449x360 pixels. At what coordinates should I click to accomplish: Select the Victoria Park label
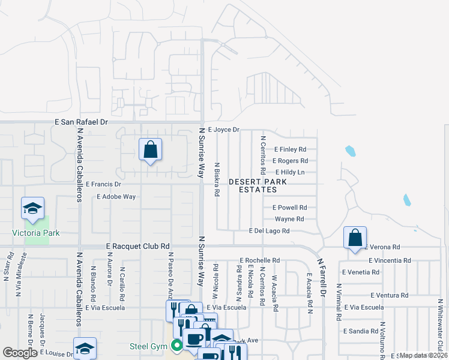click(x=36, y=233)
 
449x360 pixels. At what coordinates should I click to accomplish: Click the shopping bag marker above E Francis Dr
click(x=150, y=149)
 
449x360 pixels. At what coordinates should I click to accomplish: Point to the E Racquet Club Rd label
click(x=138, y=246)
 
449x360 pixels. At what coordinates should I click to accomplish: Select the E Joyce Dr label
click(x=223, y=130)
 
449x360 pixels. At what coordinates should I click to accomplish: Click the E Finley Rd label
click(x=291, y=149)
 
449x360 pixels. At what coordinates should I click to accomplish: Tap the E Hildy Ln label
click(x=291, y=172)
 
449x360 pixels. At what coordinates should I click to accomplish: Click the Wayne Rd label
click(x=289, y=219)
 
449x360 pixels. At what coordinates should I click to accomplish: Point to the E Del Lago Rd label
click(x=270, y=231)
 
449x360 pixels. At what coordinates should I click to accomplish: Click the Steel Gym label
click(x=147, y=346)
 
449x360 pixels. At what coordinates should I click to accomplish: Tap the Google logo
click(x=20, y=353)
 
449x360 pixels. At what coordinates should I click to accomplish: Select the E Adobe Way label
click(x=116, y=196)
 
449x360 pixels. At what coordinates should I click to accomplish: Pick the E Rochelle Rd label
click(x=260, y=260)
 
